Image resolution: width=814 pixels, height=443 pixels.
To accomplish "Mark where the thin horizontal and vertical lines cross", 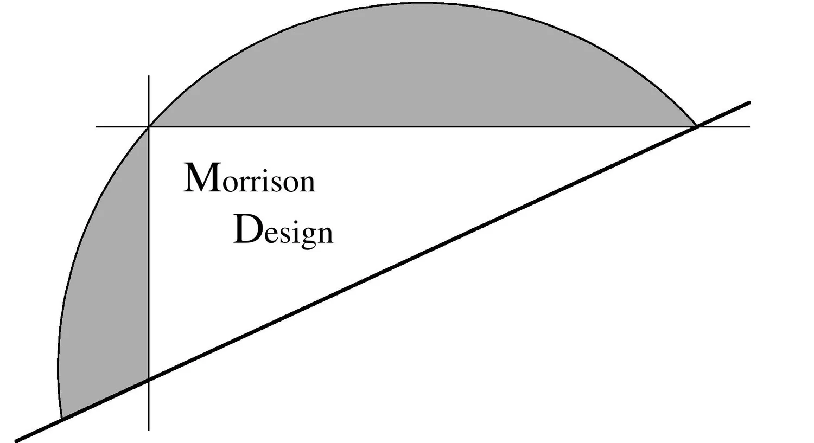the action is pyautogui.click(x=149, y=127).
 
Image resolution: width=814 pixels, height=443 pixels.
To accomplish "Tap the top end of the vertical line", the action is pyautogui.click(x=149, y=77).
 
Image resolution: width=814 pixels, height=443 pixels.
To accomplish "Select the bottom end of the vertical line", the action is pyautogui.click(x=149, y=429).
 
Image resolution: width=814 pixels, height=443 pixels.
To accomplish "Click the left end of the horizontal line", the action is pyautogui.click(x=98, y=127).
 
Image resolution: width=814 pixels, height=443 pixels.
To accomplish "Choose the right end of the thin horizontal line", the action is pyautogui.click(x=749, y=127).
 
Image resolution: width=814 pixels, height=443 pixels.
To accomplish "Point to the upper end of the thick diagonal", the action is pyautogui.click(x=749, y=102).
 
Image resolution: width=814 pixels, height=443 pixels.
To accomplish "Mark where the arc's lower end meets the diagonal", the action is pyautogui.click(x=62, y=419).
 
